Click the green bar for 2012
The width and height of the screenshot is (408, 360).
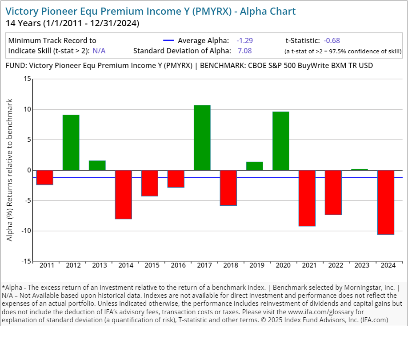click(x=71, y=142)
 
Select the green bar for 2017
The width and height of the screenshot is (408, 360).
click(x=202, y=138)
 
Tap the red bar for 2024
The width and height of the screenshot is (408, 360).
click(x=386, y=202)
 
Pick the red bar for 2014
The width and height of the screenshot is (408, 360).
click(x=124, y=194)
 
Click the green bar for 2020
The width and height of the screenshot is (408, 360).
click(x=281, y=140)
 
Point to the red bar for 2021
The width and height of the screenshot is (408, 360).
click(x=307, y=198)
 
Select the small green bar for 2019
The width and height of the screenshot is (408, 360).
click(x=255, y=166)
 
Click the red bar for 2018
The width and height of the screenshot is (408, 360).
click(x=228, y=188)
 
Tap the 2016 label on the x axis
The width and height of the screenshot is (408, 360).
click(x=178, y=265)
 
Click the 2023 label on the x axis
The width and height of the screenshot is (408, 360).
click(x=362, y=265)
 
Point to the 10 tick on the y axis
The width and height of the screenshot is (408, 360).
click(x=28, y=109)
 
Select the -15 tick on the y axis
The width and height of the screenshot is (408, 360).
click(x=26, y=261)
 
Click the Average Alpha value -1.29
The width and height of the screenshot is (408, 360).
click(x=244, y=40)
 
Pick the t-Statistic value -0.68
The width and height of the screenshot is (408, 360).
click(x=332, y=40)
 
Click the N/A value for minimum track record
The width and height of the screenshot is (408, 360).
click(x=99, y=51)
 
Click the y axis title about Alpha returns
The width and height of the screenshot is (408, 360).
click(x=10, y=170)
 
